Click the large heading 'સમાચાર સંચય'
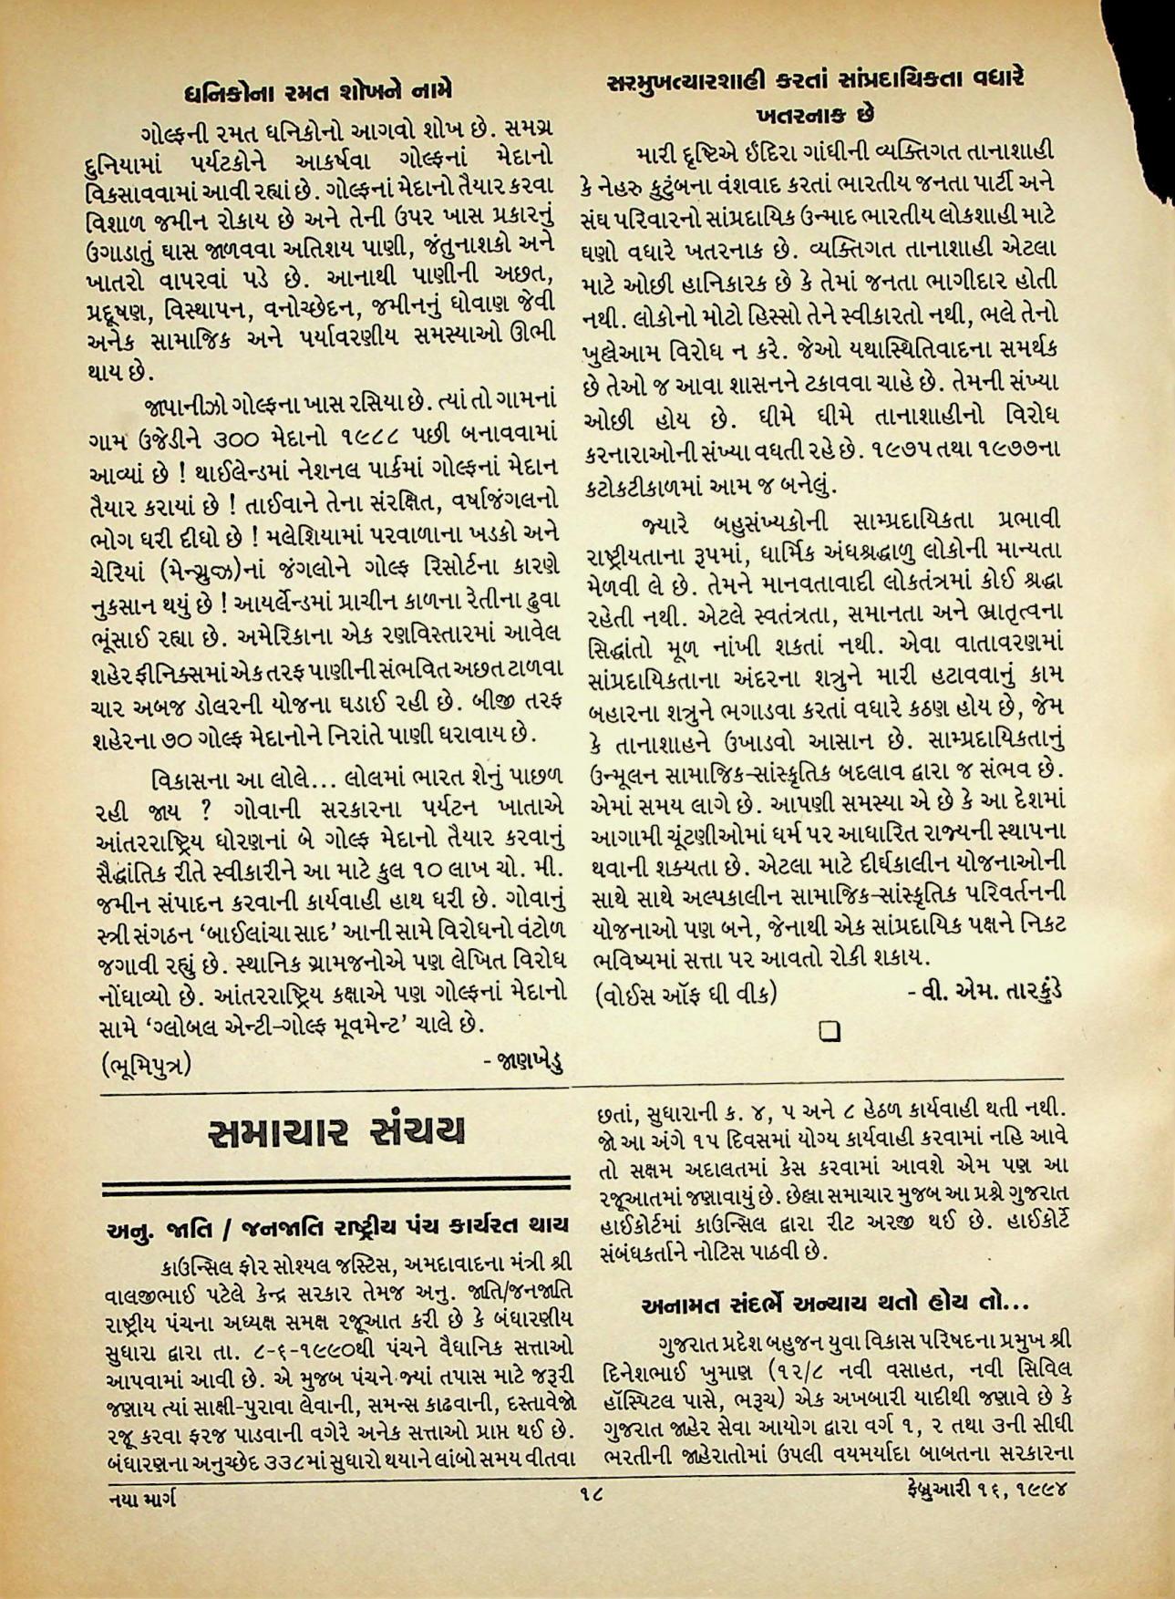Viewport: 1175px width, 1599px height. [x=336, y=1131]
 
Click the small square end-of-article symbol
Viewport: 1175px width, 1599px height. [x=830, y=1031]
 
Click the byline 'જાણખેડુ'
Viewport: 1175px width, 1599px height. [x=522, y=1060]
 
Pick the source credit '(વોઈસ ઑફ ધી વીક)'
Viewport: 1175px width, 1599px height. [x=685, y=993]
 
